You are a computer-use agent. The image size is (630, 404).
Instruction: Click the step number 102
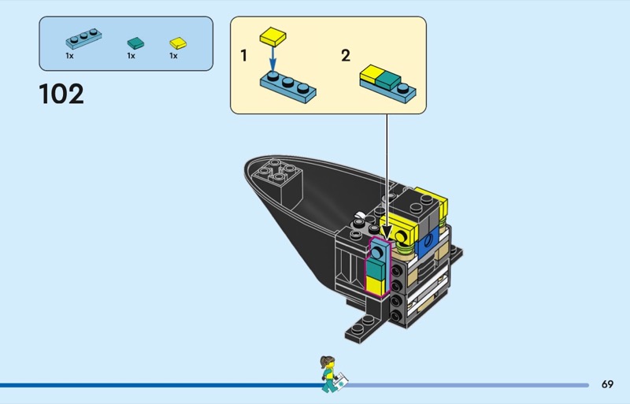pos(61,95)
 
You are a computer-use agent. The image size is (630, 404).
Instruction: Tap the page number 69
pos(607,385)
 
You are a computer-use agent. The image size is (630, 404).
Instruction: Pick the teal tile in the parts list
pos(134,43)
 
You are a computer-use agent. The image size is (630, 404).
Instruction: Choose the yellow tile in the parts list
pos(178,43)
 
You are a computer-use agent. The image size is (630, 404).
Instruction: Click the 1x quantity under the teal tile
pos(132,56)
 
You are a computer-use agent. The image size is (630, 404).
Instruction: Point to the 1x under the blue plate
pos(69,56)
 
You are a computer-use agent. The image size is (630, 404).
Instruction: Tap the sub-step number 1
pos(244,56)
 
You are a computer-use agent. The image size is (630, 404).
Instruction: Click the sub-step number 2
pos(345,56)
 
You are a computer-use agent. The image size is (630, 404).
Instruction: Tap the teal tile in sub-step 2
pos(387,80)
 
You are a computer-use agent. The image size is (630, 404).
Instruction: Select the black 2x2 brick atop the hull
pos(282,174)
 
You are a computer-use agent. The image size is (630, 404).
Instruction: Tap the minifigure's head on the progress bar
pos(325,363)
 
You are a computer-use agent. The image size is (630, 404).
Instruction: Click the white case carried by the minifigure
pos(343,386)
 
